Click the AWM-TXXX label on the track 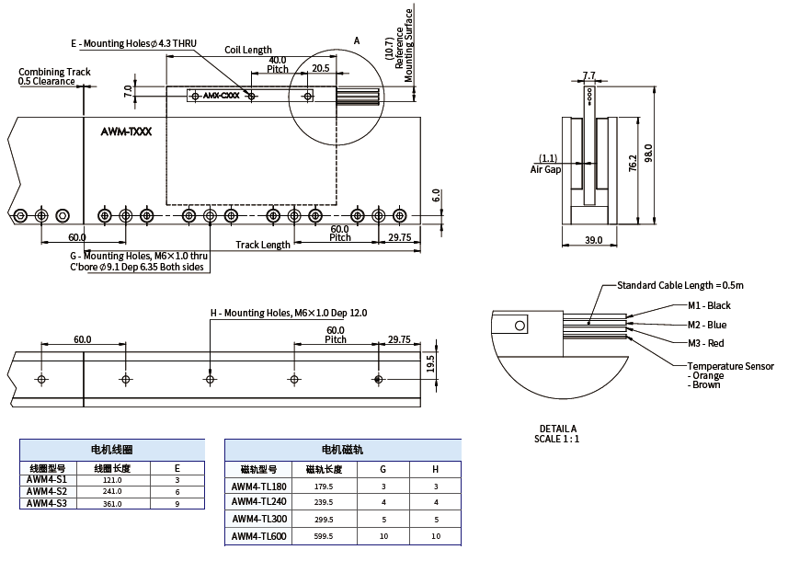[126, 132]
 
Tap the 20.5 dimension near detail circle [320, 68]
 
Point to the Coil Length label [248, 50]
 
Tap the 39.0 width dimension [593, 240]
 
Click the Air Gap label [545, 169]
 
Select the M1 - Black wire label [709, 305]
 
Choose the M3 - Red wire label [705, 343]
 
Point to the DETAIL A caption [558, 429]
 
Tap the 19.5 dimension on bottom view [429, 364]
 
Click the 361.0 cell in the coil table [112, 503]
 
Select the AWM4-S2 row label [47, 491]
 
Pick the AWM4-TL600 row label [258, 536]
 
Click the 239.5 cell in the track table [324, 502]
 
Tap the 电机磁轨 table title [342, 450]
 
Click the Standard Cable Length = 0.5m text [680, 285]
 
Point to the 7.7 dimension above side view [588, 74]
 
